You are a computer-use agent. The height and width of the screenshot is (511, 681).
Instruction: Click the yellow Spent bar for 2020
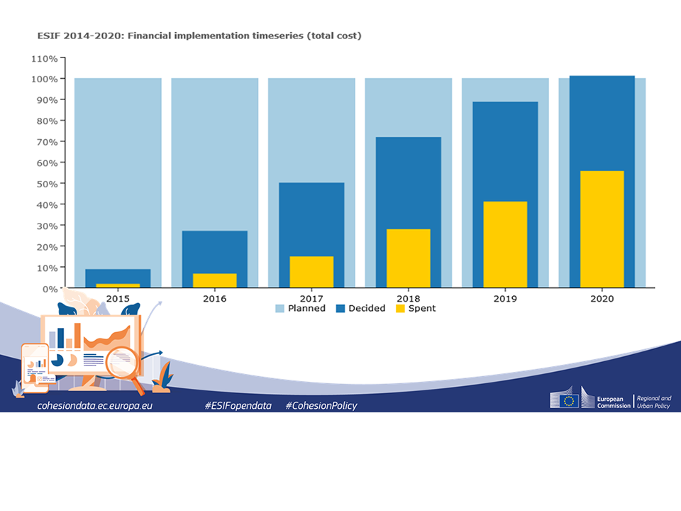click(x=602, y=229)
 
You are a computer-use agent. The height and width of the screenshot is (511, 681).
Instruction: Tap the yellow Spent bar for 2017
click(x=311, y=272)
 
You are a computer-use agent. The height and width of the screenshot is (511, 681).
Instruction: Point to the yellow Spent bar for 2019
click(x=505, y=244)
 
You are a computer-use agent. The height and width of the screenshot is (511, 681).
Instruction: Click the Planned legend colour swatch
click(x=279, y=309)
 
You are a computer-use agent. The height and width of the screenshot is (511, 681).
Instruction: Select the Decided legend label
click(x=367, y=309)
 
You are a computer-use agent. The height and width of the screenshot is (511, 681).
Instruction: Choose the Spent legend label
click(x=421, y=309)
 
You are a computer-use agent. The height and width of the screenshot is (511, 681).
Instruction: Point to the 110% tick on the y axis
click(x=43, y=57)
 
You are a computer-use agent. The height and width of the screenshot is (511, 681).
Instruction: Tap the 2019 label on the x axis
click(x=505, y=299)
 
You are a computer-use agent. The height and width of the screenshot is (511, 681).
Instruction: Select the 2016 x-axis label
click(x=214, y=299)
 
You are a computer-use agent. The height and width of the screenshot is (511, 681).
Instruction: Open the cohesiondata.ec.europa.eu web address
click(x=95, y=405)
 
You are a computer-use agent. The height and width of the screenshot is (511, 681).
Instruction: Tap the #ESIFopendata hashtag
click(x=238, y=405)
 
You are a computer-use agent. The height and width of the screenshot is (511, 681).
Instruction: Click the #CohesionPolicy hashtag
click(x=321, y=405)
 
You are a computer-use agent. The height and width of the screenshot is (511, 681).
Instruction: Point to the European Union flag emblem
click(x=568, y=401)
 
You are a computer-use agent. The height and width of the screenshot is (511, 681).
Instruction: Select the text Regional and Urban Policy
click(x=653, y=402)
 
